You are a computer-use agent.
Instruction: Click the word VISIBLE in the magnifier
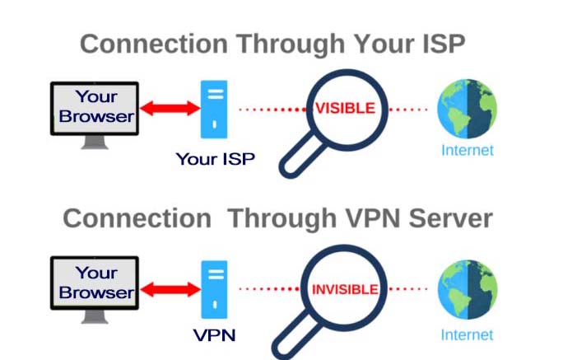[347, 109]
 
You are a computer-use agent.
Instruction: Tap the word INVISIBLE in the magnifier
[344, 290]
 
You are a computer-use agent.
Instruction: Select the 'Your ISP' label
[215, 158]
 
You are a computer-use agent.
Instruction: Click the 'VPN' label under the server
[214, 336]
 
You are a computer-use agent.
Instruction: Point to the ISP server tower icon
[215, 109]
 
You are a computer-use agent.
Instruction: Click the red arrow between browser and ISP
[168, 108]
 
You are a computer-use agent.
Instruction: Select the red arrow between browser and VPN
[168, 289]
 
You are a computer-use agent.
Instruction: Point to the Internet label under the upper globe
[468, 150]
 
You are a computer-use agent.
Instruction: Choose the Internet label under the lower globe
[468, 334]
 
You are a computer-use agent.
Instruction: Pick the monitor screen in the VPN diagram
[95, 282]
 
